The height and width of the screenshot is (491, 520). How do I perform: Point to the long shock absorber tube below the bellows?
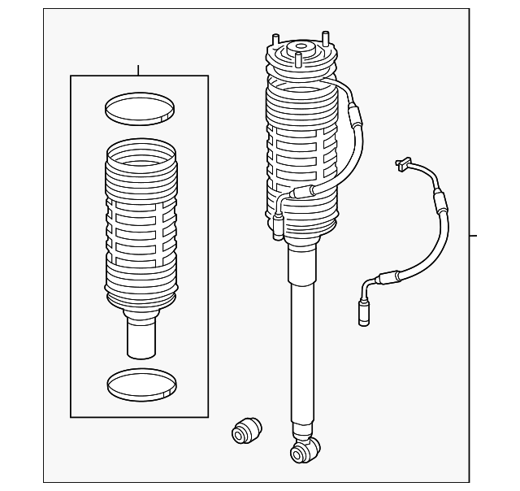(302, 341)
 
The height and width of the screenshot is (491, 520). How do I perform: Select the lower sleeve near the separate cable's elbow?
(382, 276)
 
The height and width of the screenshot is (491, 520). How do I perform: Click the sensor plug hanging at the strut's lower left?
(278, 227)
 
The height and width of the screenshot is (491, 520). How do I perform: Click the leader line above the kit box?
(139, 70)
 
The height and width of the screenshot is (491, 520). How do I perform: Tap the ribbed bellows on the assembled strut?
(301, 154)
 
